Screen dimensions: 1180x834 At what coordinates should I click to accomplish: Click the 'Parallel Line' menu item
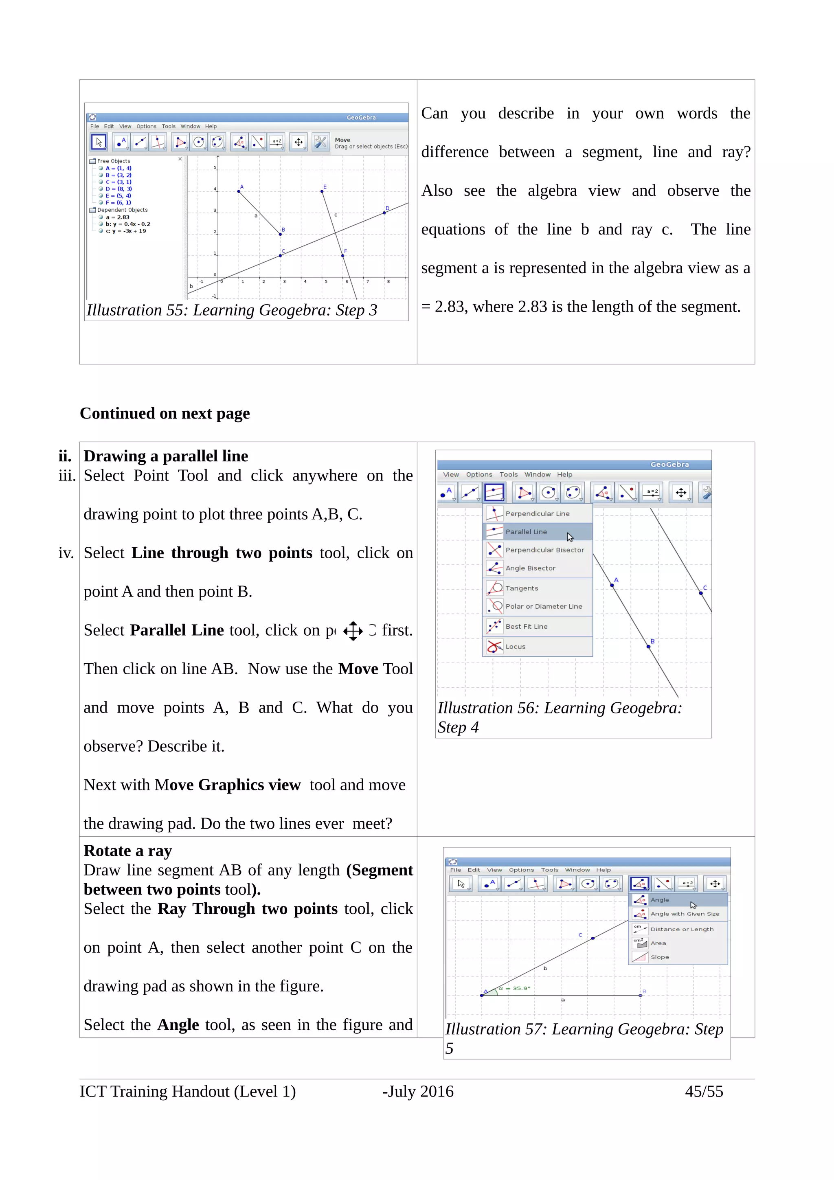[526, 532]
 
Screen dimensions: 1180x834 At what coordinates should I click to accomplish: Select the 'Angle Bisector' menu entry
[530, 568]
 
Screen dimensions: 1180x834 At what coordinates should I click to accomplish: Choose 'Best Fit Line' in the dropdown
[526, 627]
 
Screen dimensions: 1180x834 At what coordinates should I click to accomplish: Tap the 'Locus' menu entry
[516, 647]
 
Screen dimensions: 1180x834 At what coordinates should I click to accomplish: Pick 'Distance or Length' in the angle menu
[681, 929]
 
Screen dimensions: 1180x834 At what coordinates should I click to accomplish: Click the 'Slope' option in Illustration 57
[659, 957]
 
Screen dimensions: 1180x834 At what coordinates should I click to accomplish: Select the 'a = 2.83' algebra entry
[118, 217]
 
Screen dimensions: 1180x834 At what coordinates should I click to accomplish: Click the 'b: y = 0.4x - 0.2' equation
[127, 224]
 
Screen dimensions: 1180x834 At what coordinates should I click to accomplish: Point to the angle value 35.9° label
[516, 988]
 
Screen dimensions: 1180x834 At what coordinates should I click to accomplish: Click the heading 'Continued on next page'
[165, 413]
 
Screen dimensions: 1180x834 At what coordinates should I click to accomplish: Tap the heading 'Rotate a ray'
[127, 851]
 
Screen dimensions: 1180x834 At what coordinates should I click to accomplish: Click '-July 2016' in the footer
[418, 1091]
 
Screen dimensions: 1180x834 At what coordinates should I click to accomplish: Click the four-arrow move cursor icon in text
[353, 631]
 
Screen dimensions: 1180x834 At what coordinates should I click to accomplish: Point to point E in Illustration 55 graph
[322, 192]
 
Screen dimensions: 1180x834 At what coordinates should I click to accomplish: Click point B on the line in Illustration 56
[648, 647]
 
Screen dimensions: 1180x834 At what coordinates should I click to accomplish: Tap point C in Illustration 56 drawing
[701, 593]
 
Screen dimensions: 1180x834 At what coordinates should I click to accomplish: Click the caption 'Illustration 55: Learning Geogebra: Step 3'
[232, 310]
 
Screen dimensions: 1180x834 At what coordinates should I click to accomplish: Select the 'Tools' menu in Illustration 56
[508, 474]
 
